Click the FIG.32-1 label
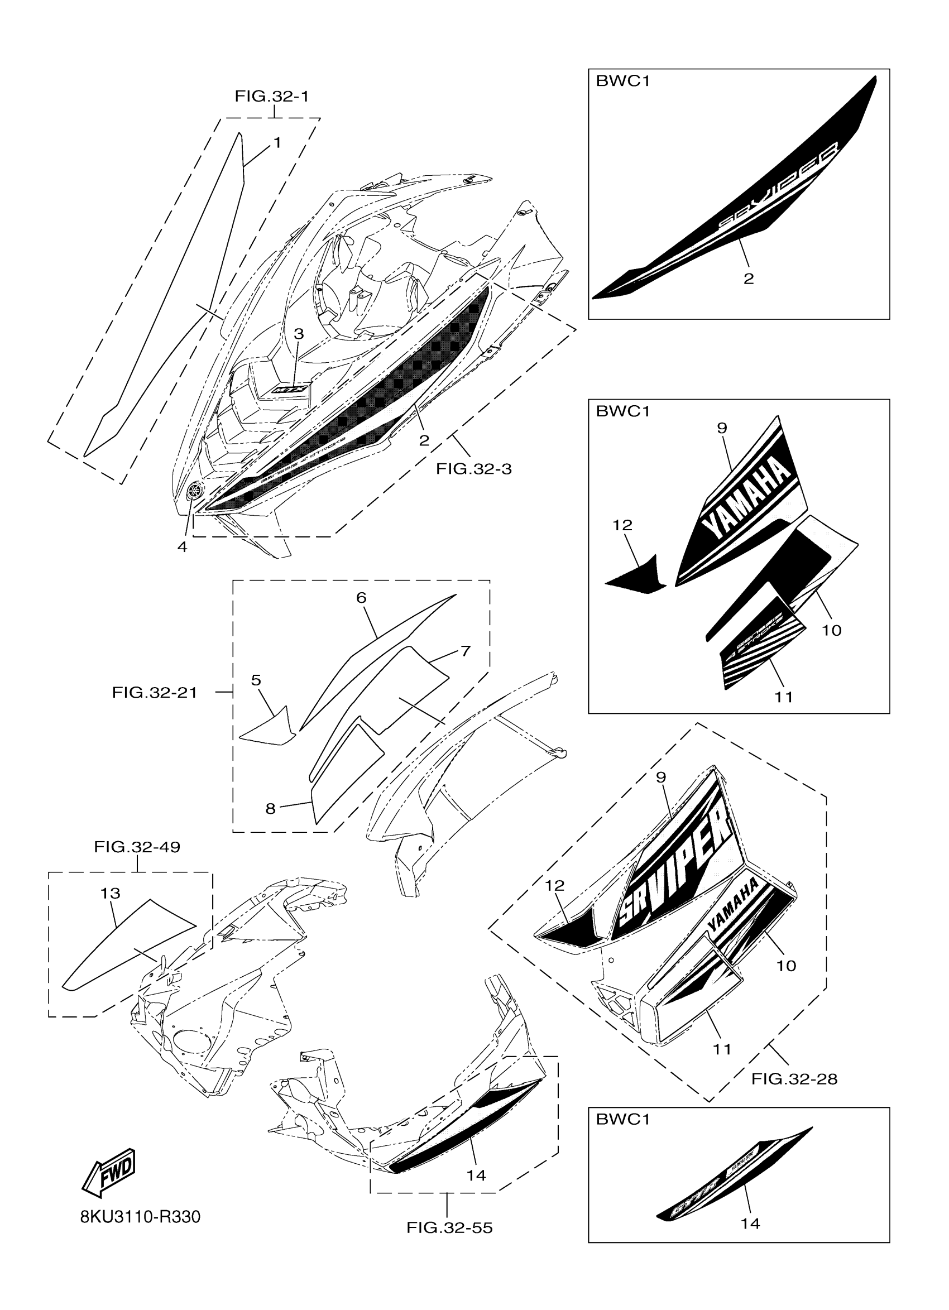(271, 96)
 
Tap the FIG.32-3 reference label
(473, 468)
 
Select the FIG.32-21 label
(154, 692)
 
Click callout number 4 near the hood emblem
(183, 546)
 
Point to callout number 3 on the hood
(299, 334)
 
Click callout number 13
(111, 894)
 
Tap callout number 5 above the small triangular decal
(256, 680)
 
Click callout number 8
(270, 809)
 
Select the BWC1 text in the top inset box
(623, 81)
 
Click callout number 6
(362, 598)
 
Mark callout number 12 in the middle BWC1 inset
(622, 525)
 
